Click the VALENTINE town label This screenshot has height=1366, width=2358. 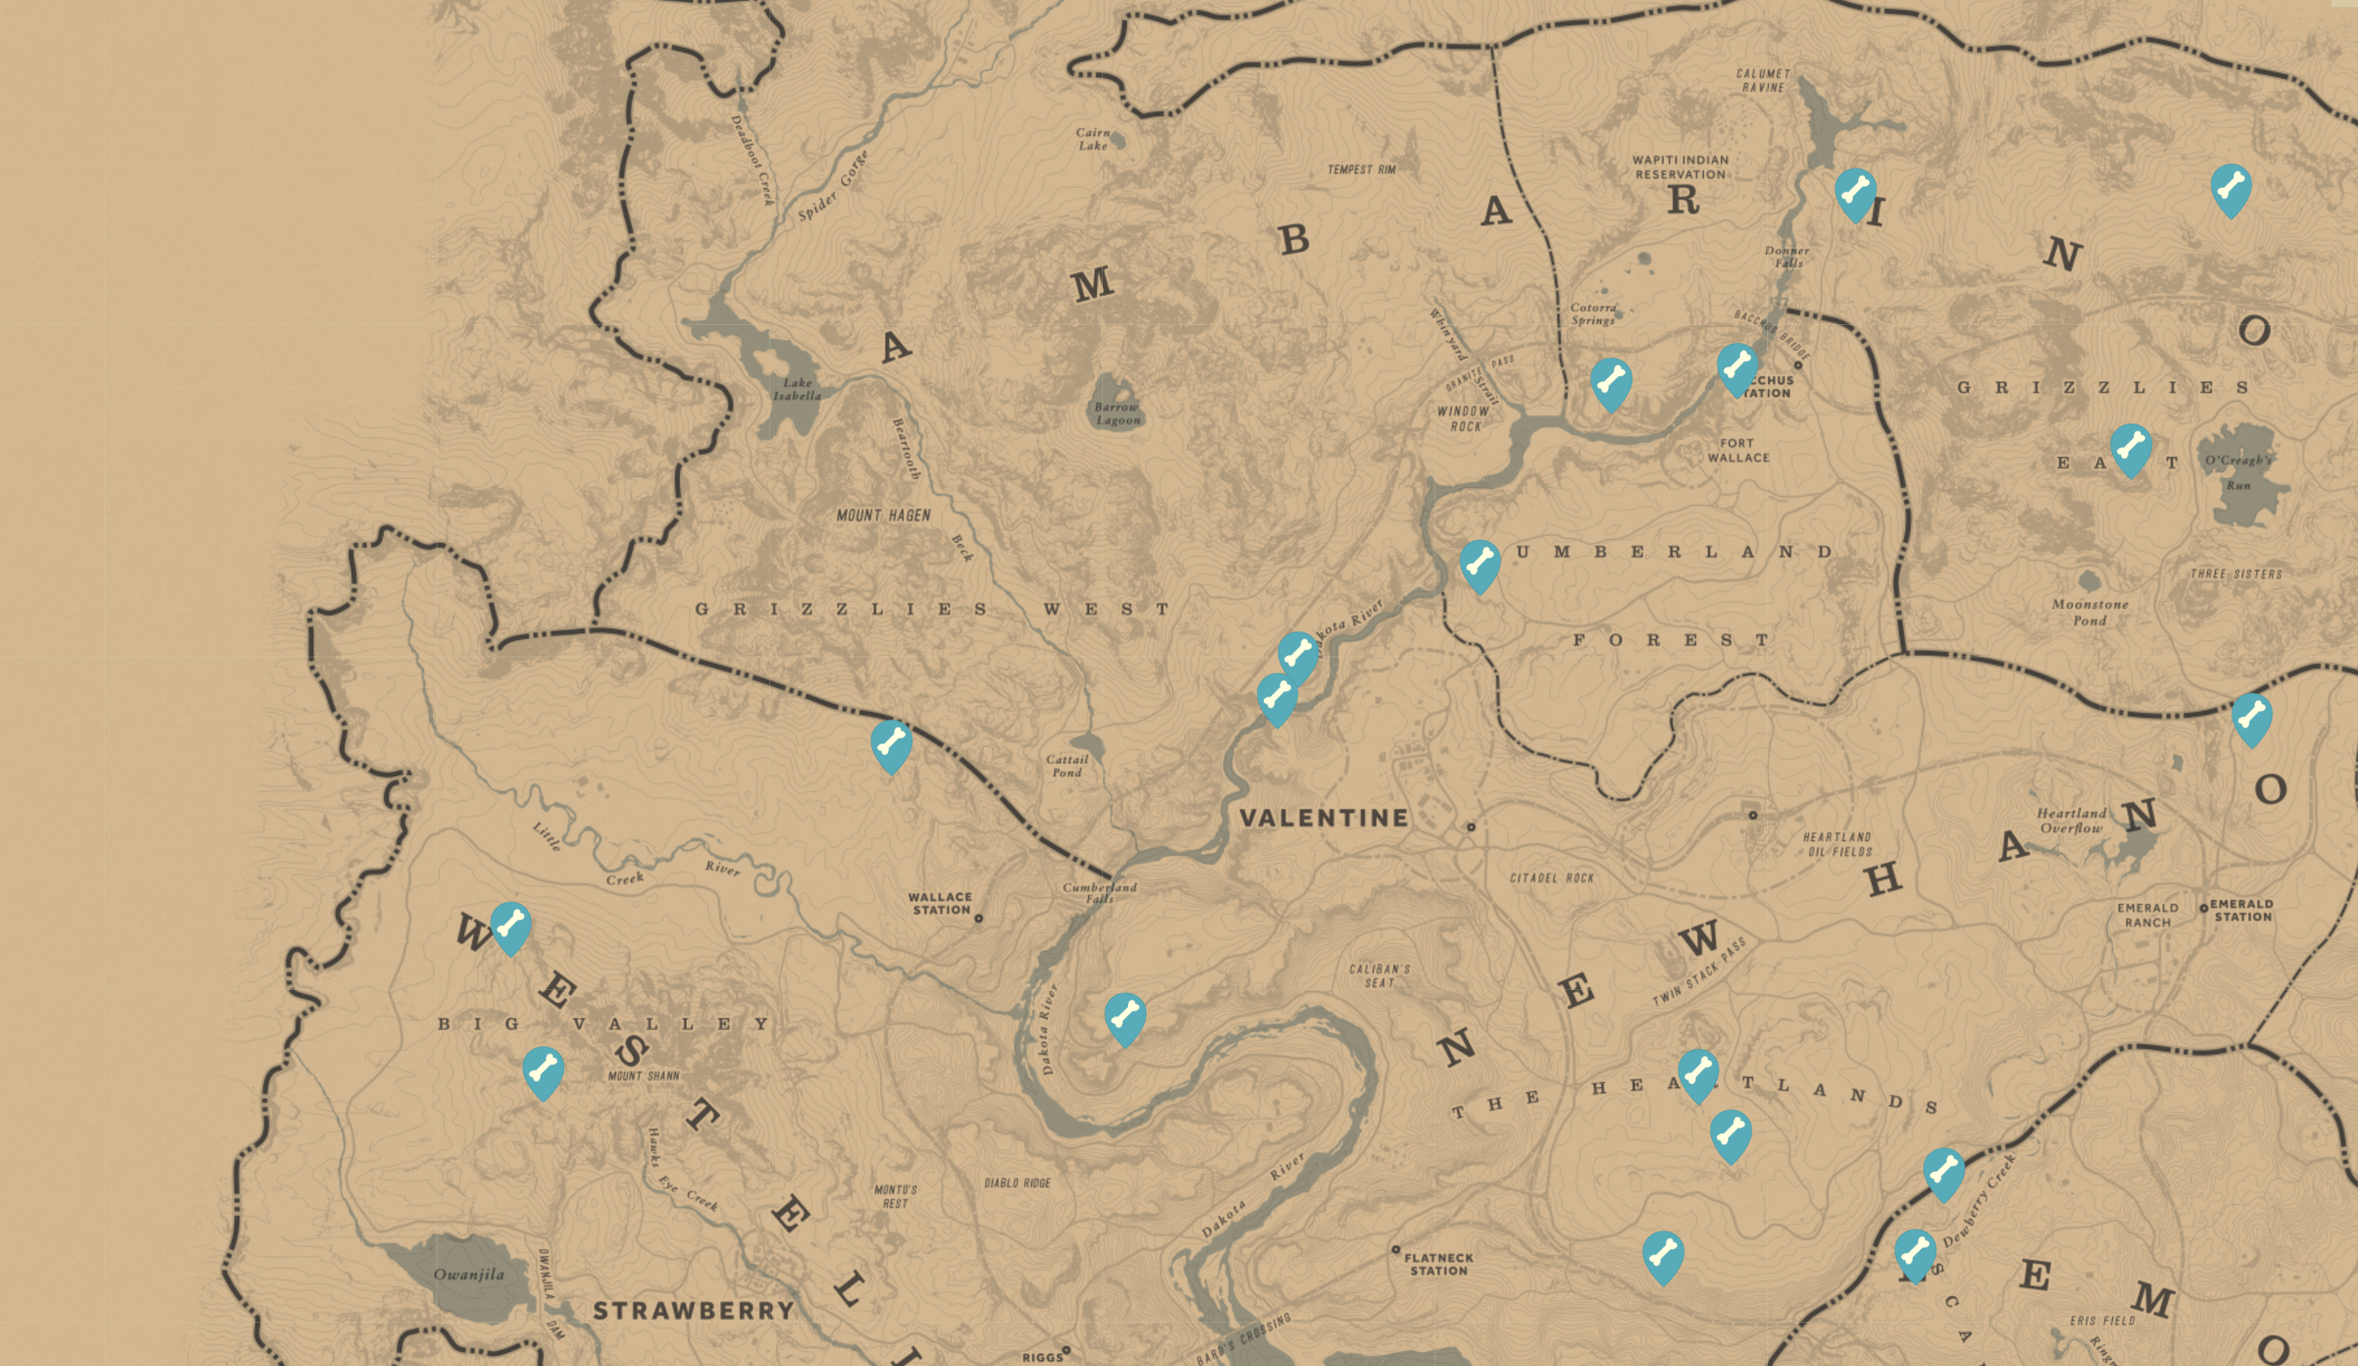click(1323, 818)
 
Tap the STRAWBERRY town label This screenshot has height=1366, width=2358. click(693, 1311)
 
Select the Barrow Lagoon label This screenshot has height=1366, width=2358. click(1117, 413)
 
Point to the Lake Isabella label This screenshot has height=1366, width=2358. click(797, 389)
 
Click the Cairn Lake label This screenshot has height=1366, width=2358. click(1092, 139)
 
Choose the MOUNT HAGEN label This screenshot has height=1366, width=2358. click(884, 515)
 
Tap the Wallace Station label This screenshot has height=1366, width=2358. click(941, 903)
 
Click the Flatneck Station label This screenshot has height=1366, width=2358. click(1438, 1264)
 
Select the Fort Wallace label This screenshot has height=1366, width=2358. click(1738, 450)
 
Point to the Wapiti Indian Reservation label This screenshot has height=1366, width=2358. click(1681, 167)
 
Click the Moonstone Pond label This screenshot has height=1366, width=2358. click(2089, 612)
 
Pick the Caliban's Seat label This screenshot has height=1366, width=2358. click(1379, 976)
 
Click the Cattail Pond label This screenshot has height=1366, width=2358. click(1066, 767)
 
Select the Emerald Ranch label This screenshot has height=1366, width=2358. click(2147, 915)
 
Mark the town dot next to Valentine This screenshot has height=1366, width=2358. click(1471, 827)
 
